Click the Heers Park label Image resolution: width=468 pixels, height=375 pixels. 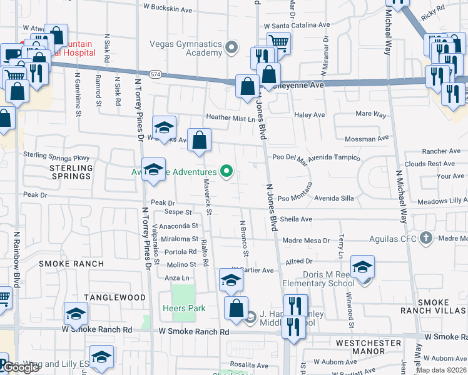pos(180,308)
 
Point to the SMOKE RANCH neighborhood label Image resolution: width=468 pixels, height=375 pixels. pos(71,264)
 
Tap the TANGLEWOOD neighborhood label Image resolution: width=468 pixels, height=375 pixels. pos(110,298)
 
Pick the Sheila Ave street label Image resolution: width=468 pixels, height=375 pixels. pos(296,219)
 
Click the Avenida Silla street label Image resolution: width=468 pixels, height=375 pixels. pos(333,198)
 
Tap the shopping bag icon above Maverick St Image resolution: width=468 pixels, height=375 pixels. pos(200,142)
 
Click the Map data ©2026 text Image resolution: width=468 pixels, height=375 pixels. pos(442,369)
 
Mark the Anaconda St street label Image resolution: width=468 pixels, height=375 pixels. pos(178,226)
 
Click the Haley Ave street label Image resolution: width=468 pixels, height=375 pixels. pos(310,115)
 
